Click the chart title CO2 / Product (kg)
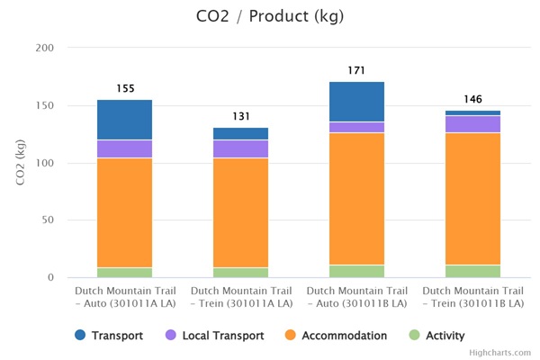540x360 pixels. point(269,16)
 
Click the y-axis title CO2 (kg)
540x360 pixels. point(21,162)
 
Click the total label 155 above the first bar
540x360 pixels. point(125,88)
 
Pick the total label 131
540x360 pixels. point(240,116)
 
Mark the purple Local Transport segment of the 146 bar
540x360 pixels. point(472,124)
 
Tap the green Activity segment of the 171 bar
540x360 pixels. point(356,271)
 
